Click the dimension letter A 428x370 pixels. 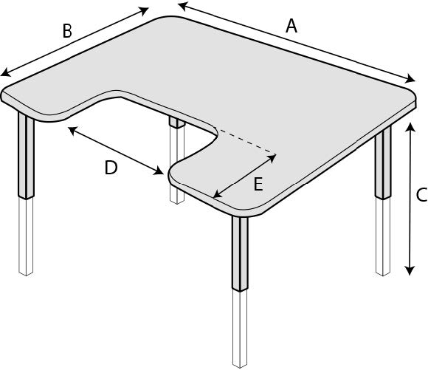point(291,27)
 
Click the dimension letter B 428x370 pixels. point(67,31)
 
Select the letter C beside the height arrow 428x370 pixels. point(421,195)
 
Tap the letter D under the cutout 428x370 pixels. point(111,168)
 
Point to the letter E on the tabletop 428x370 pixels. point(258,184)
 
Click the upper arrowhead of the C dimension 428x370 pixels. point(409,126)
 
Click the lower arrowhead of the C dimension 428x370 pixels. point(409,270)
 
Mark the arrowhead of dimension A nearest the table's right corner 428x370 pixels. point(410,79)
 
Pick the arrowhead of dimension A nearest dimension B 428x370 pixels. point(182,6)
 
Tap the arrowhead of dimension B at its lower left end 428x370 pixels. point(5,72)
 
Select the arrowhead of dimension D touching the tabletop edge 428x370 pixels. point(159,171)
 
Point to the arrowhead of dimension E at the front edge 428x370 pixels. point(218,193)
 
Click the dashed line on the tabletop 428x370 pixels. point(246,141)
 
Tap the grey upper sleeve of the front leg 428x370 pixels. point(241,253)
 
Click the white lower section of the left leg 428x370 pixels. point(26,236)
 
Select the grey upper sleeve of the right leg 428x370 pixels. point(383,163)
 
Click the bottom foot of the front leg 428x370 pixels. point(240,365)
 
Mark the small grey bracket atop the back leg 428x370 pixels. point(177,123)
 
